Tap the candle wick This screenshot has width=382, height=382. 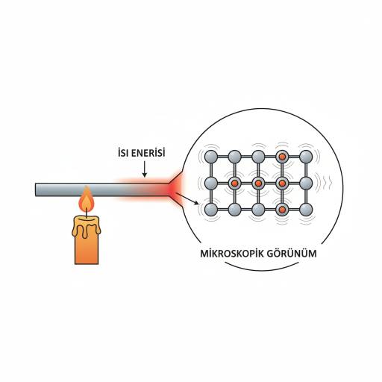pos(87,213)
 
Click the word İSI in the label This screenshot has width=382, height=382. pos(123,152)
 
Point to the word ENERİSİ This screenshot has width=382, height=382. pos(148,152)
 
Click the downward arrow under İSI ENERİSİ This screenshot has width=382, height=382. pos(144,169)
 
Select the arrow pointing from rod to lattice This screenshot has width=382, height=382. pos(187,198)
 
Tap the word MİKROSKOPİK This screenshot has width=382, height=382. pos(232,254)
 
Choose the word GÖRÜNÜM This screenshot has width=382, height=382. pos(292,254)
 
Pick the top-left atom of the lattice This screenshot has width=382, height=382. pos(211,157)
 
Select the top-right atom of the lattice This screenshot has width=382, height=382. pos(306,157)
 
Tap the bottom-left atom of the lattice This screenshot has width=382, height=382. pos(211,210)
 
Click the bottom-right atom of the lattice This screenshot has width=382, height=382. pos(306,210)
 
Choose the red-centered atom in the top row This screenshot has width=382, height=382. pos(282,157)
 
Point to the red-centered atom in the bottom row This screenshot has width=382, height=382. pos(282,210)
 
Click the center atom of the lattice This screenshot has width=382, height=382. pos(258,184)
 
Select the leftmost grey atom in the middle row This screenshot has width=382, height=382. pos(211,184)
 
